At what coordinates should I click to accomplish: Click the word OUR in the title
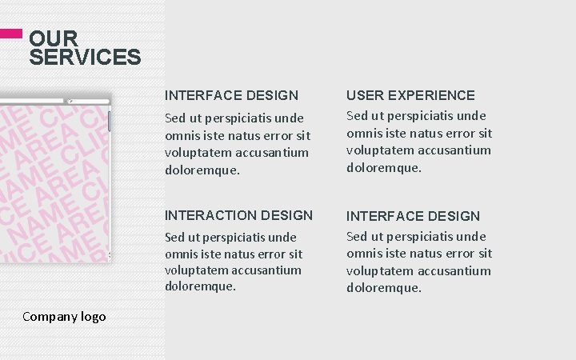click(54, 38)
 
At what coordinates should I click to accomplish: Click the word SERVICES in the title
click(85, 58)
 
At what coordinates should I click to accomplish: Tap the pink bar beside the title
click(10, 34)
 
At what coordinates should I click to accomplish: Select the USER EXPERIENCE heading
click(410, 95)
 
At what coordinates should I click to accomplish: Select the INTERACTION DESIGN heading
click(238, 215)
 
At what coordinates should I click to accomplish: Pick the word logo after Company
click(93, 317)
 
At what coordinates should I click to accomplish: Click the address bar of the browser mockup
click(32, 101)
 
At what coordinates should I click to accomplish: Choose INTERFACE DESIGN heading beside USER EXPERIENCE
click(231, 95)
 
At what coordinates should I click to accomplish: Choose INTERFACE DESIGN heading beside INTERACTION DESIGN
click(413, 216)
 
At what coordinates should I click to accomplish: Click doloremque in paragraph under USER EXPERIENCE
click(383, 167)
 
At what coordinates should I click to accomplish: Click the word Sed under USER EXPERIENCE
click(357, 116)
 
